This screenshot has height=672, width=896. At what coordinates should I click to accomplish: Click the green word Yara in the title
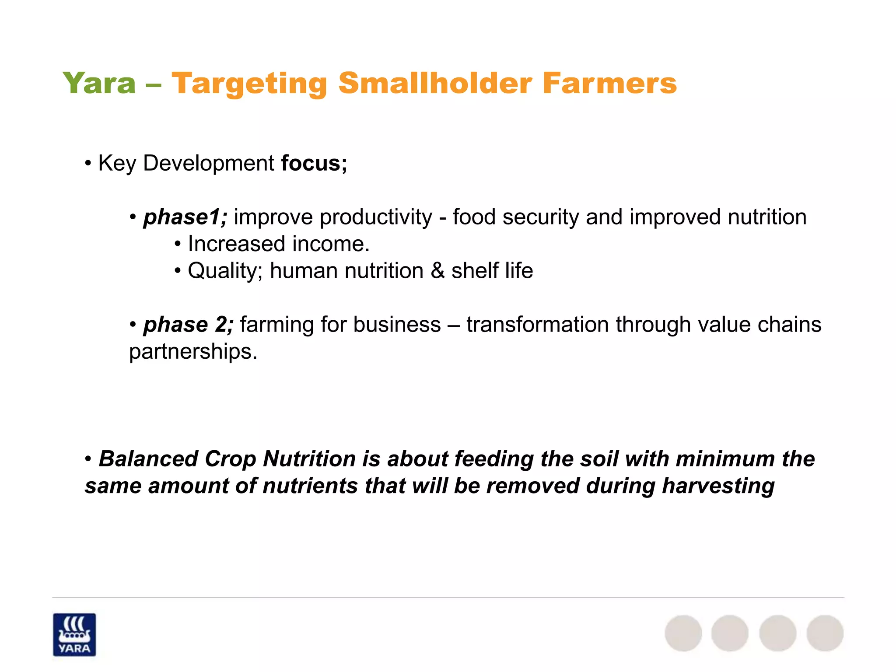[x=99, y=83]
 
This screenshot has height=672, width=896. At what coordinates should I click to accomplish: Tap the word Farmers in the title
[x=609, y=83]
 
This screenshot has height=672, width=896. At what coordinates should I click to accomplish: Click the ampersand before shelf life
[x=437, y=271]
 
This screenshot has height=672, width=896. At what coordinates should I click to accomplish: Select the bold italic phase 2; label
[x=189, y=325]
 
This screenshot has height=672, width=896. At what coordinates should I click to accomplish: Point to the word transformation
[x=538, y=325]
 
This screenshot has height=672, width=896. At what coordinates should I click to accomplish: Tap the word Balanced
[x=148, y=459]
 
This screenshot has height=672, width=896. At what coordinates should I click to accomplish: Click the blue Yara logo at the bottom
[x=74, y=634]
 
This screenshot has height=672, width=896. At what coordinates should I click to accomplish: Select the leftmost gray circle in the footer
[x=683, y=633]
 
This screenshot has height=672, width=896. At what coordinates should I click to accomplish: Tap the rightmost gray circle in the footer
[x=825, y=633]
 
